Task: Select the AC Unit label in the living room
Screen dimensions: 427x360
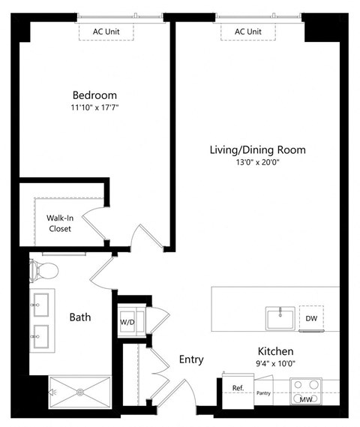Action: [247, 32]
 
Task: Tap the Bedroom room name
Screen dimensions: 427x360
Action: [94, 95]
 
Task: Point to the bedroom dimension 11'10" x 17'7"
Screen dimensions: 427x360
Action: [94, 109]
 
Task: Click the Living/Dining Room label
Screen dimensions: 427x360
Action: [257, 150]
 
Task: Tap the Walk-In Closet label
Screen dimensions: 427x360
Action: [60, 223]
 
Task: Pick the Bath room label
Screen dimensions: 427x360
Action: [80, 317]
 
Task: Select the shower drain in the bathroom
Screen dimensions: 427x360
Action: [79, 390]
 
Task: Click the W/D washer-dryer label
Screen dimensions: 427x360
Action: [127, 323]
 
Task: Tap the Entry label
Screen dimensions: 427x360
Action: [191, 359]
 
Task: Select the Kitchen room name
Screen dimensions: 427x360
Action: [275, 351]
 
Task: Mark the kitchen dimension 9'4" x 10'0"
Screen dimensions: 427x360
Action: [275, 364]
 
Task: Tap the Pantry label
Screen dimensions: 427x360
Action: [263, 392]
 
